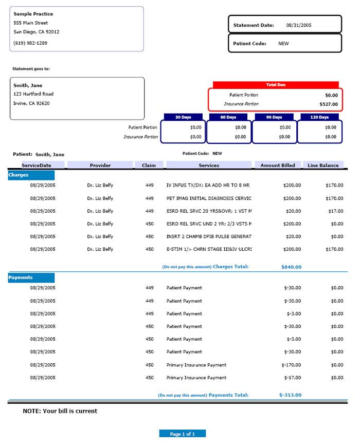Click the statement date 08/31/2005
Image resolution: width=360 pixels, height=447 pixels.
pos(299,25)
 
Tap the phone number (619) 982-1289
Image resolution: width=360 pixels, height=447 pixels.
pos(30,43)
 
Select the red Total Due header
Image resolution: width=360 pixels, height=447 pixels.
pos(276,85)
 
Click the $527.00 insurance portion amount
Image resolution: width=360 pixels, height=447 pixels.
pos(328,104)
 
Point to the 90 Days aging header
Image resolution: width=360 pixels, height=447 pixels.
pos(274,117)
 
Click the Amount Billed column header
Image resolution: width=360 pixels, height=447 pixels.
pos(278,165)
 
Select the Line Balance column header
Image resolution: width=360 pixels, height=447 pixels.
pos(323,165)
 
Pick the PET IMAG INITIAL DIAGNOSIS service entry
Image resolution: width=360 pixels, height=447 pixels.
pos(209,198)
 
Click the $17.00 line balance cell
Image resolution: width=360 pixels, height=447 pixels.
pos(337,211)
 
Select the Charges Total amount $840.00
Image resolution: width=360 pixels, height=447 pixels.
pos(291,267)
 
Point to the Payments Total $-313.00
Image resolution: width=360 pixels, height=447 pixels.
pos(290,395)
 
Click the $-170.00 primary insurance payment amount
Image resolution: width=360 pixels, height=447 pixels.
pos(291,365)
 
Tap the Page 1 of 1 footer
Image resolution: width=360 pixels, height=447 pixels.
pos(182,434)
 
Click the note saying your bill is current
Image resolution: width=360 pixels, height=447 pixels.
pos(60,411)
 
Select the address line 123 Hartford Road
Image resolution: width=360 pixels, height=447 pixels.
pos(33,94)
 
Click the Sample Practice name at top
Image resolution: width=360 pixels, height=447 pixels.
pos(33,14)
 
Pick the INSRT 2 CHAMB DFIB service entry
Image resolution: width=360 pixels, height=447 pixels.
pos(209,237)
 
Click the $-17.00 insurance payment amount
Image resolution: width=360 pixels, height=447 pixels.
pos(293,378)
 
